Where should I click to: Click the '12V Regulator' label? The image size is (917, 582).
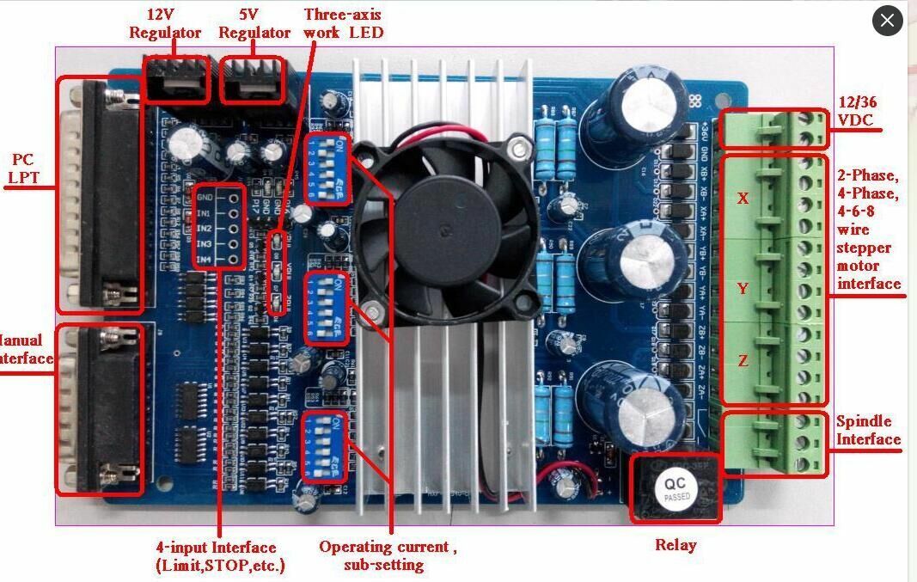point(165,24)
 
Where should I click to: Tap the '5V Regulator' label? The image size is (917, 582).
point(254,24)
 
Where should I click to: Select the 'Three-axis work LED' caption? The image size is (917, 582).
point(343,23)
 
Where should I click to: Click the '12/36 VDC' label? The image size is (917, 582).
point(856,112)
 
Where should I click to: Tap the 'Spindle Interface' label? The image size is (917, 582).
point(868,431)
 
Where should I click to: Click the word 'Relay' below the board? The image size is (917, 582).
point(676,545)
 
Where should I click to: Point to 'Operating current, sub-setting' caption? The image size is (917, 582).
point(388,555)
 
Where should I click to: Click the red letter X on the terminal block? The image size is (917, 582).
point(743,199)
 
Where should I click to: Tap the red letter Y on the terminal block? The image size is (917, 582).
point(743,289)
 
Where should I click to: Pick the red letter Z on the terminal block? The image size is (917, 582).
point(743,361)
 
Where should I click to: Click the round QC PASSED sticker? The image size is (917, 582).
point(675,489)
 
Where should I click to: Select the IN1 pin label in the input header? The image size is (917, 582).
point(204,212)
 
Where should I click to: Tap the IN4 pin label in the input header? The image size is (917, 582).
point(204,260)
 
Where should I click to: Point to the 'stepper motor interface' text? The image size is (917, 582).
point(869,266)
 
